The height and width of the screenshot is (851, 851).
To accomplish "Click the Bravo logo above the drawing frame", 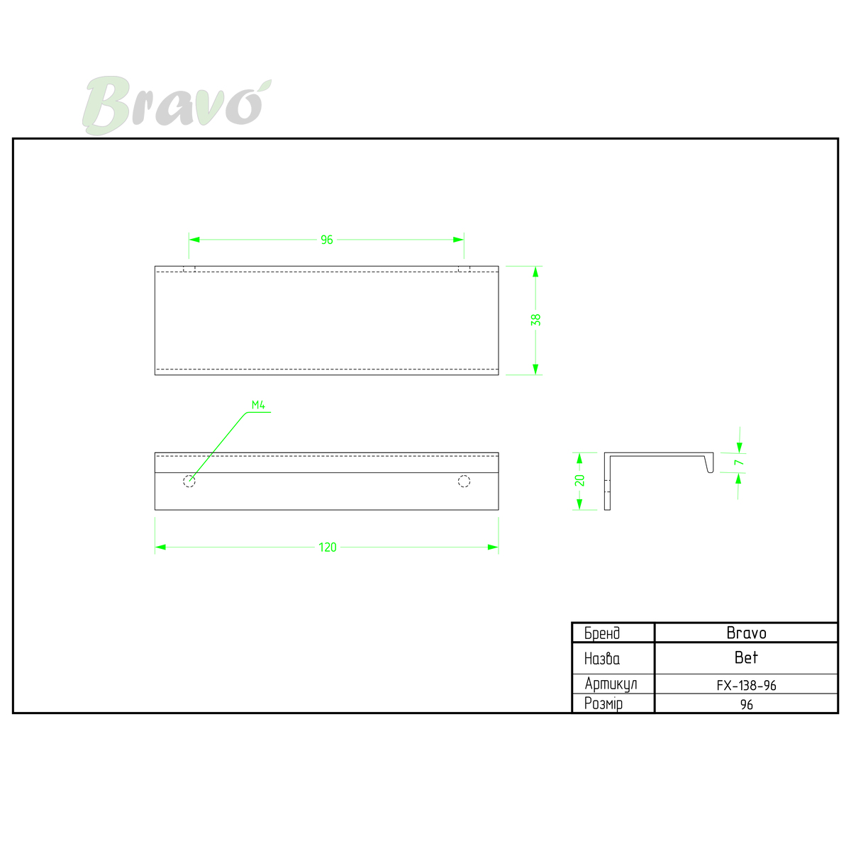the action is [177, 105].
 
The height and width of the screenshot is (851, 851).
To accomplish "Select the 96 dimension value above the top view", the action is [327, 240].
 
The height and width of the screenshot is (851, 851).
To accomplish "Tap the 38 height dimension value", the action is [535, 320].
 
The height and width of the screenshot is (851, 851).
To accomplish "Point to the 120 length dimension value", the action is [327, 547].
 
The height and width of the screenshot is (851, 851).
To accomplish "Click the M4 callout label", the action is [258, 405].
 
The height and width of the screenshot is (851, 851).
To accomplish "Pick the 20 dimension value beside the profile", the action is [579, 481].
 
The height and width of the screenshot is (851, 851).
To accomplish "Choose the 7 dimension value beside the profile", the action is [739, 462].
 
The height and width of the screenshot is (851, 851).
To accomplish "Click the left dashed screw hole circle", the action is [189, 481].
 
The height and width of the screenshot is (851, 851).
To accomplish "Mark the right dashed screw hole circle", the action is [464, 481].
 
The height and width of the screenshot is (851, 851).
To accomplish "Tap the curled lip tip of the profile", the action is [711, 471].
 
